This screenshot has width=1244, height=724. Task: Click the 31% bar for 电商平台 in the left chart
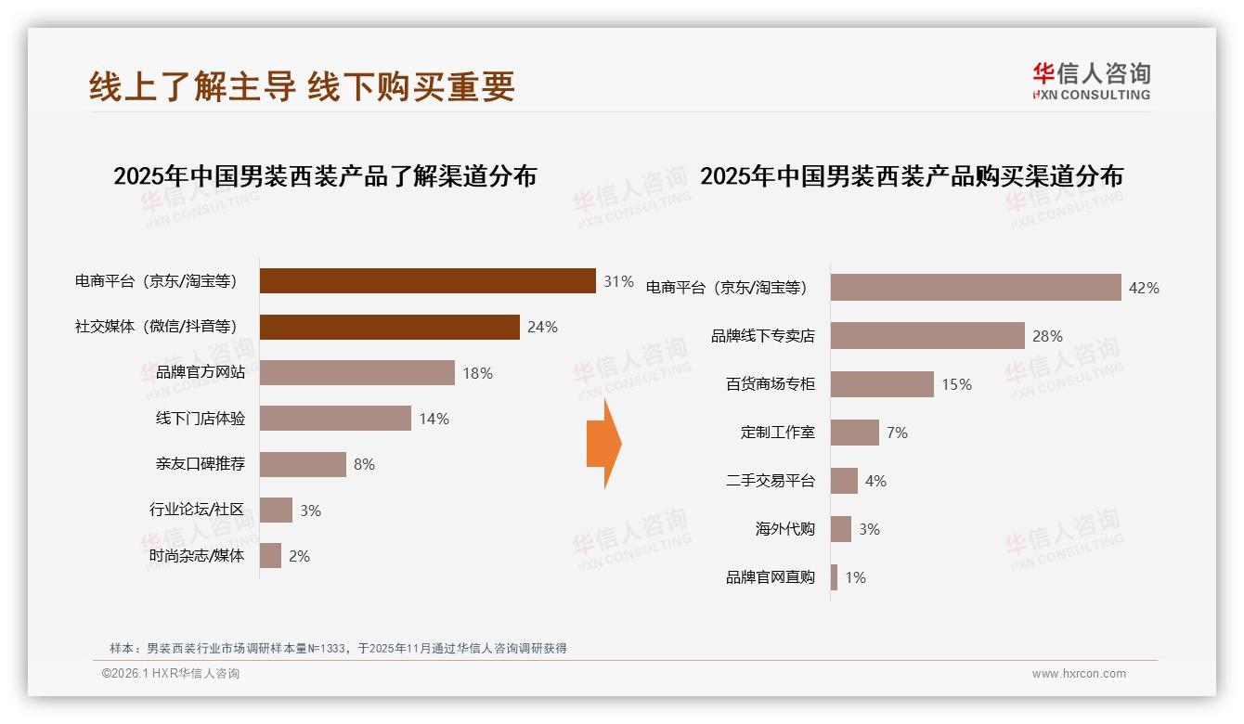point(427,281)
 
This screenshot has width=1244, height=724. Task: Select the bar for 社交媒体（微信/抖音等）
point(389,327)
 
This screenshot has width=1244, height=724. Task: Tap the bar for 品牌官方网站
point(356,373)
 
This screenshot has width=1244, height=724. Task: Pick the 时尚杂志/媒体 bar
point(270,556)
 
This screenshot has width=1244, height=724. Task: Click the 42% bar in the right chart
point(975,288)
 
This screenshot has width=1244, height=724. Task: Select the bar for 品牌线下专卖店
point(927,336)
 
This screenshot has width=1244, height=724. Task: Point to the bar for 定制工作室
point(854,433)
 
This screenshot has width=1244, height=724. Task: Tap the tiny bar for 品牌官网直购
point(834,577)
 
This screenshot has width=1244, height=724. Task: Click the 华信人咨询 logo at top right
point(1091,82)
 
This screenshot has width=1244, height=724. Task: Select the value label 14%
point(434,419)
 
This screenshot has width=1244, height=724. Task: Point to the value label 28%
point(1047,336)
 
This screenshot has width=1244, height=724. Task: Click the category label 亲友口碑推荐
point(200,464)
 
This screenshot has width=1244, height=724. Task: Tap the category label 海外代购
point(784,529)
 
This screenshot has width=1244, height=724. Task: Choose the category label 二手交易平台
point(770,481)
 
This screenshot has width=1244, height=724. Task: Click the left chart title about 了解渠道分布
point(325,176)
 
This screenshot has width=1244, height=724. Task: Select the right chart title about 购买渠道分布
point(912,176)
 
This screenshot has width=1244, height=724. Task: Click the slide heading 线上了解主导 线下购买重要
point(302,87)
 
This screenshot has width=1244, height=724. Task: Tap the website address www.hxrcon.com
point(1079,674)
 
